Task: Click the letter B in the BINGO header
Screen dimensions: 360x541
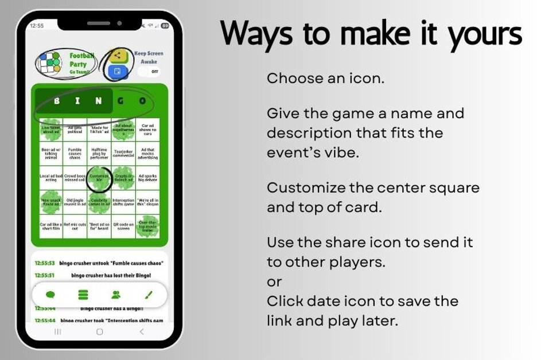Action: pos(56,101)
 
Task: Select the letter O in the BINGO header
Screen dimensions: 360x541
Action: pos(143,101)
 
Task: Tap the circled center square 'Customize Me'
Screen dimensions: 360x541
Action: pos(99,179)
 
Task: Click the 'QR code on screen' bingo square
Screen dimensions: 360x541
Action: pos(123,226)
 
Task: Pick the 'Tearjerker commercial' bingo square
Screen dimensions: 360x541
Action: pos(123,154)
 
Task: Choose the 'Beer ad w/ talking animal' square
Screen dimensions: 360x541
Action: pos(51,154)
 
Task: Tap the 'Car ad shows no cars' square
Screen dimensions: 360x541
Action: pos(147,130)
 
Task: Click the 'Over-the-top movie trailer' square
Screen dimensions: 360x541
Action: pos(147,226)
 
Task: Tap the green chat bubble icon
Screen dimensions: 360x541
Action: pos(50,295)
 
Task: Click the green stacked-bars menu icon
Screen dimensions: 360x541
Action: pos(83,295)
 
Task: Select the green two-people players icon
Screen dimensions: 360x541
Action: pos(116,295)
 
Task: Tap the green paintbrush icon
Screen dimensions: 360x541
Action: pos(149,295)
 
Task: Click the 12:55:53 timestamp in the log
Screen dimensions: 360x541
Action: pos(44,263)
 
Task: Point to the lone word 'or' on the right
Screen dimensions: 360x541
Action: pos(274,281)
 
